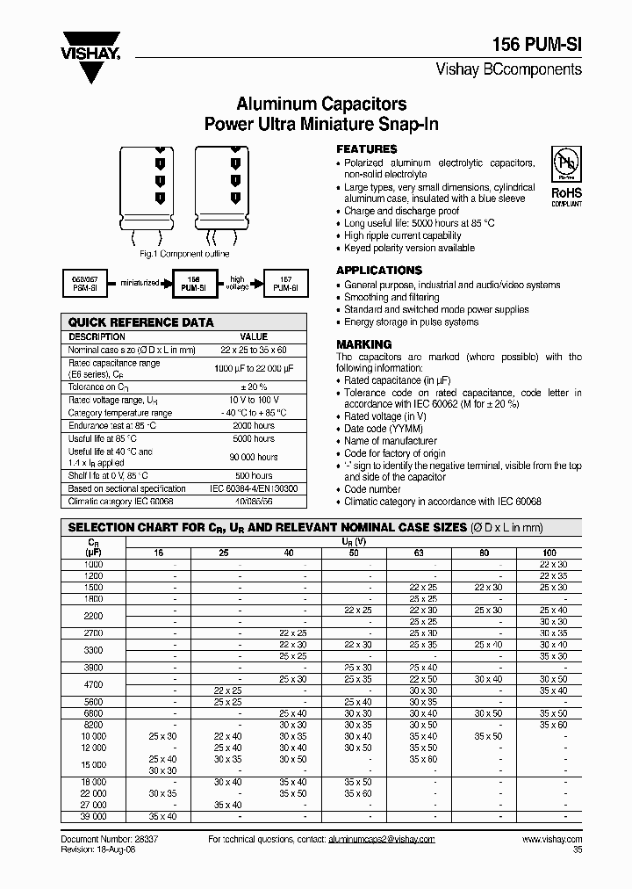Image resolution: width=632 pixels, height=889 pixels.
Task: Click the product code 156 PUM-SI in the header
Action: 537,46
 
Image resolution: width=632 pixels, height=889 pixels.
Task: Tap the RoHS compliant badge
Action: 565,177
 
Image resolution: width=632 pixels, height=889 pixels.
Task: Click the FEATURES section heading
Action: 367,149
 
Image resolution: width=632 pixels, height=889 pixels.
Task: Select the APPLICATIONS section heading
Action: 379,271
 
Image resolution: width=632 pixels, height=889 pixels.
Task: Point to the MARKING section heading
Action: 364,344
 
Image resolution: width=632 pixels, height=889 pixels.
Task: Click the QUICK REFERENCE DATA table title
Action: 141,322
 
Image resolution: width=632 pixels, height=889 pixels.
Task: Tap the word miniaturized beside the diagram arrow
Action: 142,282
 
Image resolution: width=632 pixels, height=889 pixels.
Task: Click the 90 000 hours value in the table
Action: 254,457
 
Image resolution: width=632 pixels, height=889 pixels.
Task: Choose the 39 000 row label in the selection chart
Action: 93,817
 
